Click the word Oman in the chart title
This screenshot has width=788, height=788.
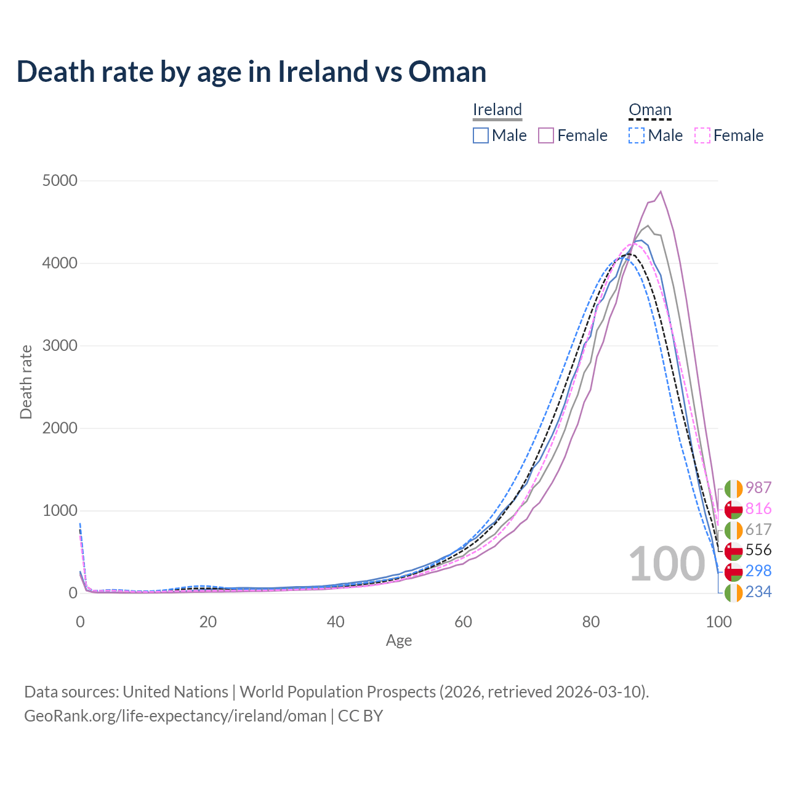pyautogui.click(x=447, y=72)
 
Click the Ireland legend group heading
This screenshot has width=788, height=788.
pyautogui.click(x=497, y=110)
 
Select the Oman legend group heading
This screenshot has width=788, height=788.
pyautogui.click(x=649, y=110)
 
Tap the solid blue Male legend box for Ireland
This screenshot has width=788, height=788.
pyautogui.click(x=481, y=135)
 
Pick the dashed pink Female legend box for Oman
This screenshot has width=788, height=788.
pyautogui.click(x=702, y=135)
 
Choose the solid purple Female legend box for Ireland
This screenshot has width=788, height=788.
pyautogui.click(x=547, y=135)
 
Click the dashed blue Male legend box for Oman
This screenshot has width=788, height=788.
pyautogui.click(x=637, y=135)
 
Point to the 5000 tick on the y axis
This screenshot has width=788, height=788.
pyautogui.click(x=60, y=181)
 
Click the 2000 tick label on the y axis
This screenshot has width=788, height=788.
pyautogui.click(x=60, y=428)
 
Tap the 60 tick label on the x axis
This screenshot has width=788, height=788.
pyautogui.click(x=463, y=622)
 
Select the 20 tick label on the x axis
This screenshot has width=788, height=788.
pyautogui.click(x=208, y=622)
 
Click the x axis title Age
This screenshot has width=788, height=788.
pyautogui.click(x=399, y=641)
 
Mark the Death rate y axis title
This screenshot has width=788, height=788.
pyautogui.click(x=26, y=382)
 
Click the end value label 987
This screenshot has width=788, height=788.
pyautogui.click(x=758, y=488)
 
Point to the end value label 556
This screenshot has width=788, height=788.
pyautogui.click(x=758, y=550)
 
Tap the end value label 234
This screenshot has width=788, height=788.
pyautogui.click(x=758, y=592)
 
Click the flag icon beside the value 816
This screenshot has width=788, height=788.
pyautogui.click(x=733, y=509)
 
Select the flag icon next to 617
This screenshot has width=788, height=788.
pyautogui.click(x=733, y=529)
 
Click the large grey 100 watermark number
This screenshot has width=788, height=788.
pyautogui.click(x=667, y=564)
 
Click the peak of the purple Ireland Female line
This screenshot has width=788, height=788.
pyautogui.click(x=661, y=191)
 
